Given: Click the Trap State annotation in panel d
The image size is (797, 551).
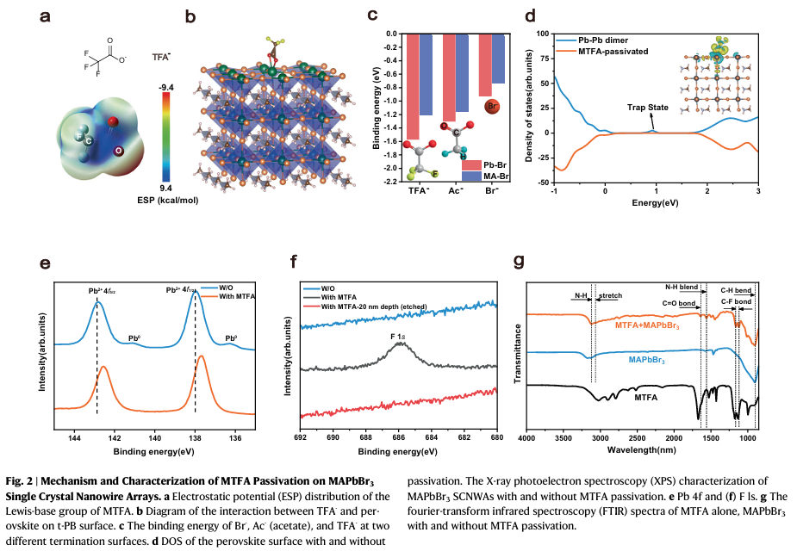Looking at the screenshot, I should coord(647,108).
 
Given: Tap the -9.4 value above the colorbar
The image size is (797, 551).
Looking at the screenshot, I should coord(167,87).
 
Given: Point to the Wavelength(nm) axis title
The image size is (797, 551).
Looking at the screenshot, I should coord(642,449).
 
